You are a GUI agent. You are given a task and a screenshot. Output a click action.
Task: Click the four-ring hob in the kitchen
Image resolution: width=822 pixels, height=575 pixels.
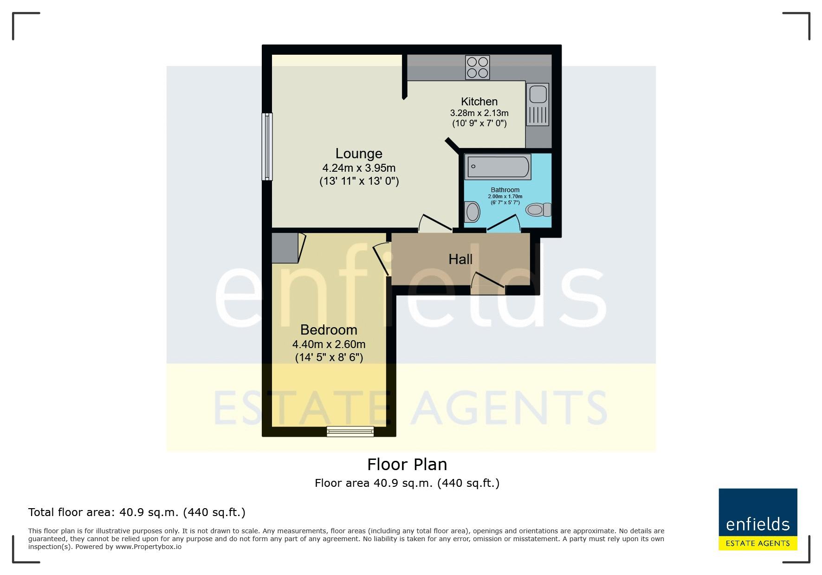(478, 67)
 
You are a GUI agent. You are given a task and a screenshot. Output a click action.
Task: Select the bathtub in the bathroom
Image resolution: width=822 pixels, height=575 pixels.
(498, 168)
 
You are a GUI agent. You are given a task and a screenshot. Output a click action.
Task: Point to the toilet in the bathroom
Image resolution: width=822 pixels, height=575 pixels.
(538, 210)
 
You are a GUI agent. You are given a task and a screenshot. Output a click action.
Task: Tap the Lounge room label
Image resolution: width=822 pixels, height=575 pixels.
(359, 154)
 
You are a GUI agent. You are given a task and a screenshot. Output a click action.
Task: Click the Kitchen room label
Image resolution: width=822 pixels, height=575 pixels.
(479, 102)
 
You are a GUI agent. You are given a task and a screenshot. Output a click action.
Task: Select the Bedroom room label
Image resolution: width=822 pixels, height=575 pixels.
(329, 330)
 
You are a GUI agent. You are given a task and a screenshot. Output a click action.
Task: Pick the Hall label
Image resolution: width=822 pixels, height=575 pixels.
(460, 259)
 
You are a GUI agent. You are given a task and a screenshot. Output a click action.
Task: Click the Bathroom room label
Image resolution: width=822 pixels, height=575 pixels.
(505, 190)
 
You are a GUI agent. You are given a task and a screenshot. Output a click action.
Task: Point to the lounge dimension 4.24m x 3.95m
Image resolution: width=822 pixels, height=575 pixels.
(359, 168)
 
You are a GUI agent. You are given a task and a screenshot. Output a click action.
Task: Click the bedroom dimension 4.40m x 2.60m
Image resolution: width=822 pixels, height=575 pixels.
(329, 344)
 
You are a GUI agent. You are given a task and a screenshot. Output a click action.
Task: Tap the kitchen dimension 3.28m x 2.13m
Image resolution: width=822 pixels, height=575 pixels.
(479, 113)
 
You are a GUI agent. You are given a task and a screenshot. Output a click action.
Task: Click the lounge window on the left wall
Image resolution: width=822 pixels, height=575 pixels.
(267, 147)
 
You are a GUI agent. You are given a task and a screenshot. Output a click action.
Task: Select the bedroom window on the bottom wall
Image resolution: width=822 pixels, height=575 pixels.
(350, 432)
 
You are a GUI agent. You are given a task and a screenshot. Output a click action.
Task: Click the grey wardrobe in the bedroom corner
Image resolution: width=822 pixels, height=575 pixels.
(285, 248)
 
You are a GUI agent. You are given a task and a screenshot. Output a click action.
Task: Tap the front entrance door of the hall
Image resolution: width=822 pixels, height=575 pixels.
(487, 284)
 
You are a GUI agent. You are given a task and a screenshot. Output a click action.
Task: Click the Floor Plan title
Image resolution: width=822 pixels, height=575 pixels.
(407, 464)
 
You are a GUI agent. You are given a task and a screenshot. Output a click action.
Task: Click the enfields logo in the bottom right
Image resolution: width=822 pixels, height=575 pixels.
(758, 519)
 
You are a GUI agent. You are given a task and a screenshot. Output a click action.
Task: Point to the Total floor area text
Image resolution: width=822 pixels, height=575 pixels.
(137, 512)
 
